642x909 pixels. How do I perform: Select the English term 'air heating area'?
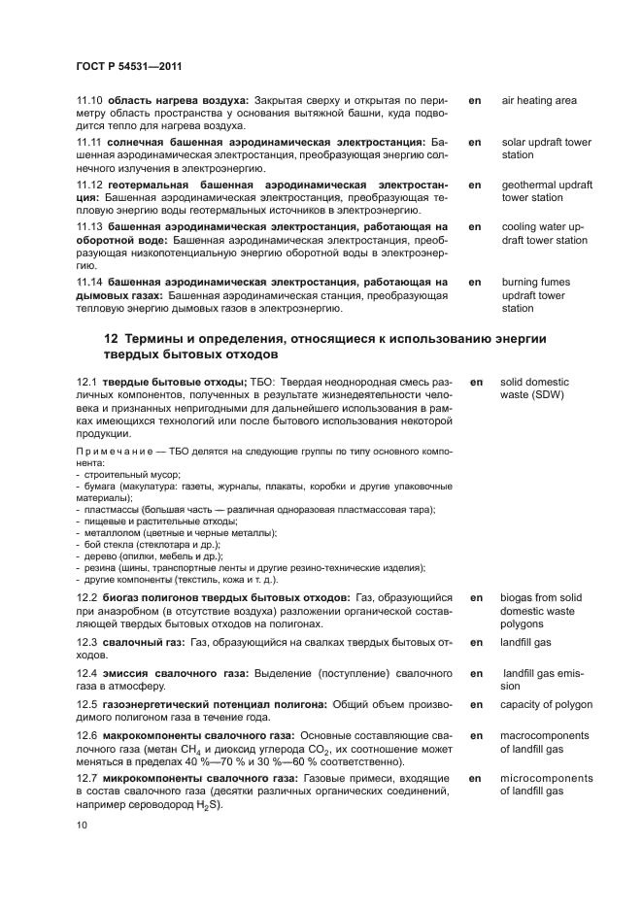[x=539, y=101]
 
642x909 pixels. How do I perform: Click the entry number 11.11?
[x=90, y=143]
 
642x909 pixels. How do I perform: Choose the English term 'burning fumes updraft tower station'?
[x=535, y=295]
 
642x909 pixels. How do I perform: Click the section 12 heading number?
[x=110, y=339]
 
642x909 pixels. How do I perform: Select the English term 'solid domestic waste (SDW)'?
[x=535, y=388]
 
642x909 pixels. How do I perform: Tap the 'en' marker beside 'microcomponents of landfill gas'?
[x=476, y=779]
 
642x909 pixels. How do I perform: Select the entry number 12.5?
[x=89, y=704]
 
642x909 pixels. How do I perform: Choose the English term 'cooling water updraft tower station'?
[x=544, y=233]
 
